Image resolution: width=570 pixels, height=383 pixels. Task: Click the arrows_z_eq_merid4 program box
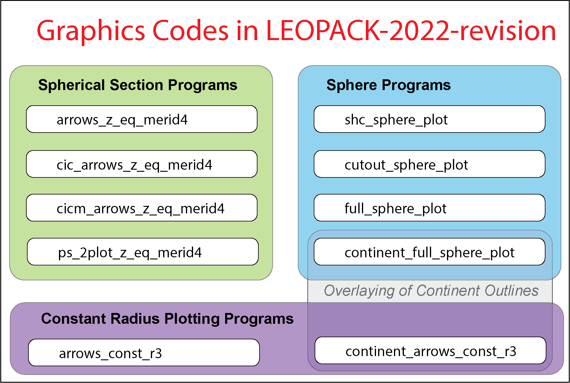click(142, 119)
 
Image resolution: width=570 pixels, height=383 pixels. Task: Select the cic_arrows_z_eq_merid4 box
click(142, 164)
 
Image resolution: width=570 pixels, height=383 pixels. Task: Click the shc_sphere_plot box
click(429, 119)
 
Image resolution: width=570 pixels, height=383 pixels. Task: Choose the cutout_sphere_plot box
click(429, 164)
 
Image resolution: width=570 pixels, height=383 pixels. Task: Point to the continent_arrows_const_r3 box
click(430, 351)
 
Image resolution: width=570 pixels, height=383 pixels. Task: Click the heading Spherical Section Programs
click(138, 85)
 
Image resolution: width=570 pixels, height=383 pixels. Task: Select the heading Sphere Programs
click(388, 85)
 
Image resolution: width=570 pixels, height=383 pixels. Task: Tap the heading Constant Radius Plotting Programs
click(167, 318)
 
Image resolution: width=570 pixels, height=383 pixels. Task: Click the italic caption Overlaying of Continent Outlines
click(431, 291)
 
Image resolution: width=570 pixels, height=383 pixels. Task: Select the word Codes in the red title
click(191, 31)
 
